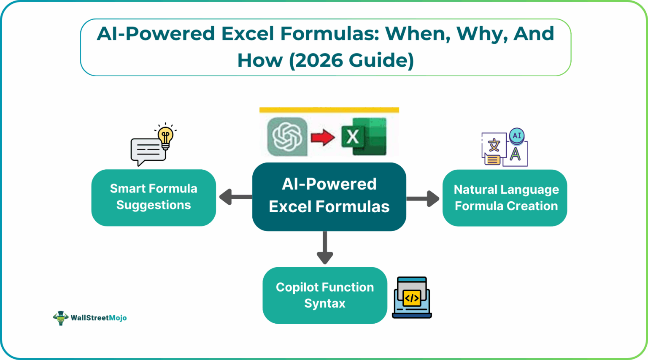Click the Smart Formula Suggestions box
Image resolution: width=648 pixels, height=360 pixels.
point(154,198)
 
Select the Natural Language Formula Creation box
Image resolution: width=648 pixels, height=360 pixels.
point(505,198)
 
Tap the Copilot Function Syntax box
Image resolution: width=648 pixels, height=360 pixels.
point(324,295)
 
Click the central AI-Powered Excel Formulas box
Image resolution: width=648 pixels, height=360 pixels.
point(329,197)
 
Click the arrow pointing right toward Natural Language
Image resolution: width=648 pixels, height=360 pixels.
point(424,198)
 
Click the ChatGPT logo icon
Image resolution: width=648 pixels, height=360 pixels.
point(287,137)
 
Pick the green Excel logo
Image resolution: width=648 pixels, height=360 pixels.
point(364,137)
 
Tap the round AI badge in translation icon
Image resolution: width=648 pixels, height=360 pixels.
point(517,136)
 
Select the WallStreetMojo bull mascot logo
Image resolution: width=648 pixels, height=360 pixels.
point(61,318)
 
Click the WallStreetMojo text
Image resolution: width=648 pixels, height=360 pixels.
point(99,318)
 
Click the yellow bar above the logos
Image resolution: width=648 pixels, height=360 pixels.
point(329,110)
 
